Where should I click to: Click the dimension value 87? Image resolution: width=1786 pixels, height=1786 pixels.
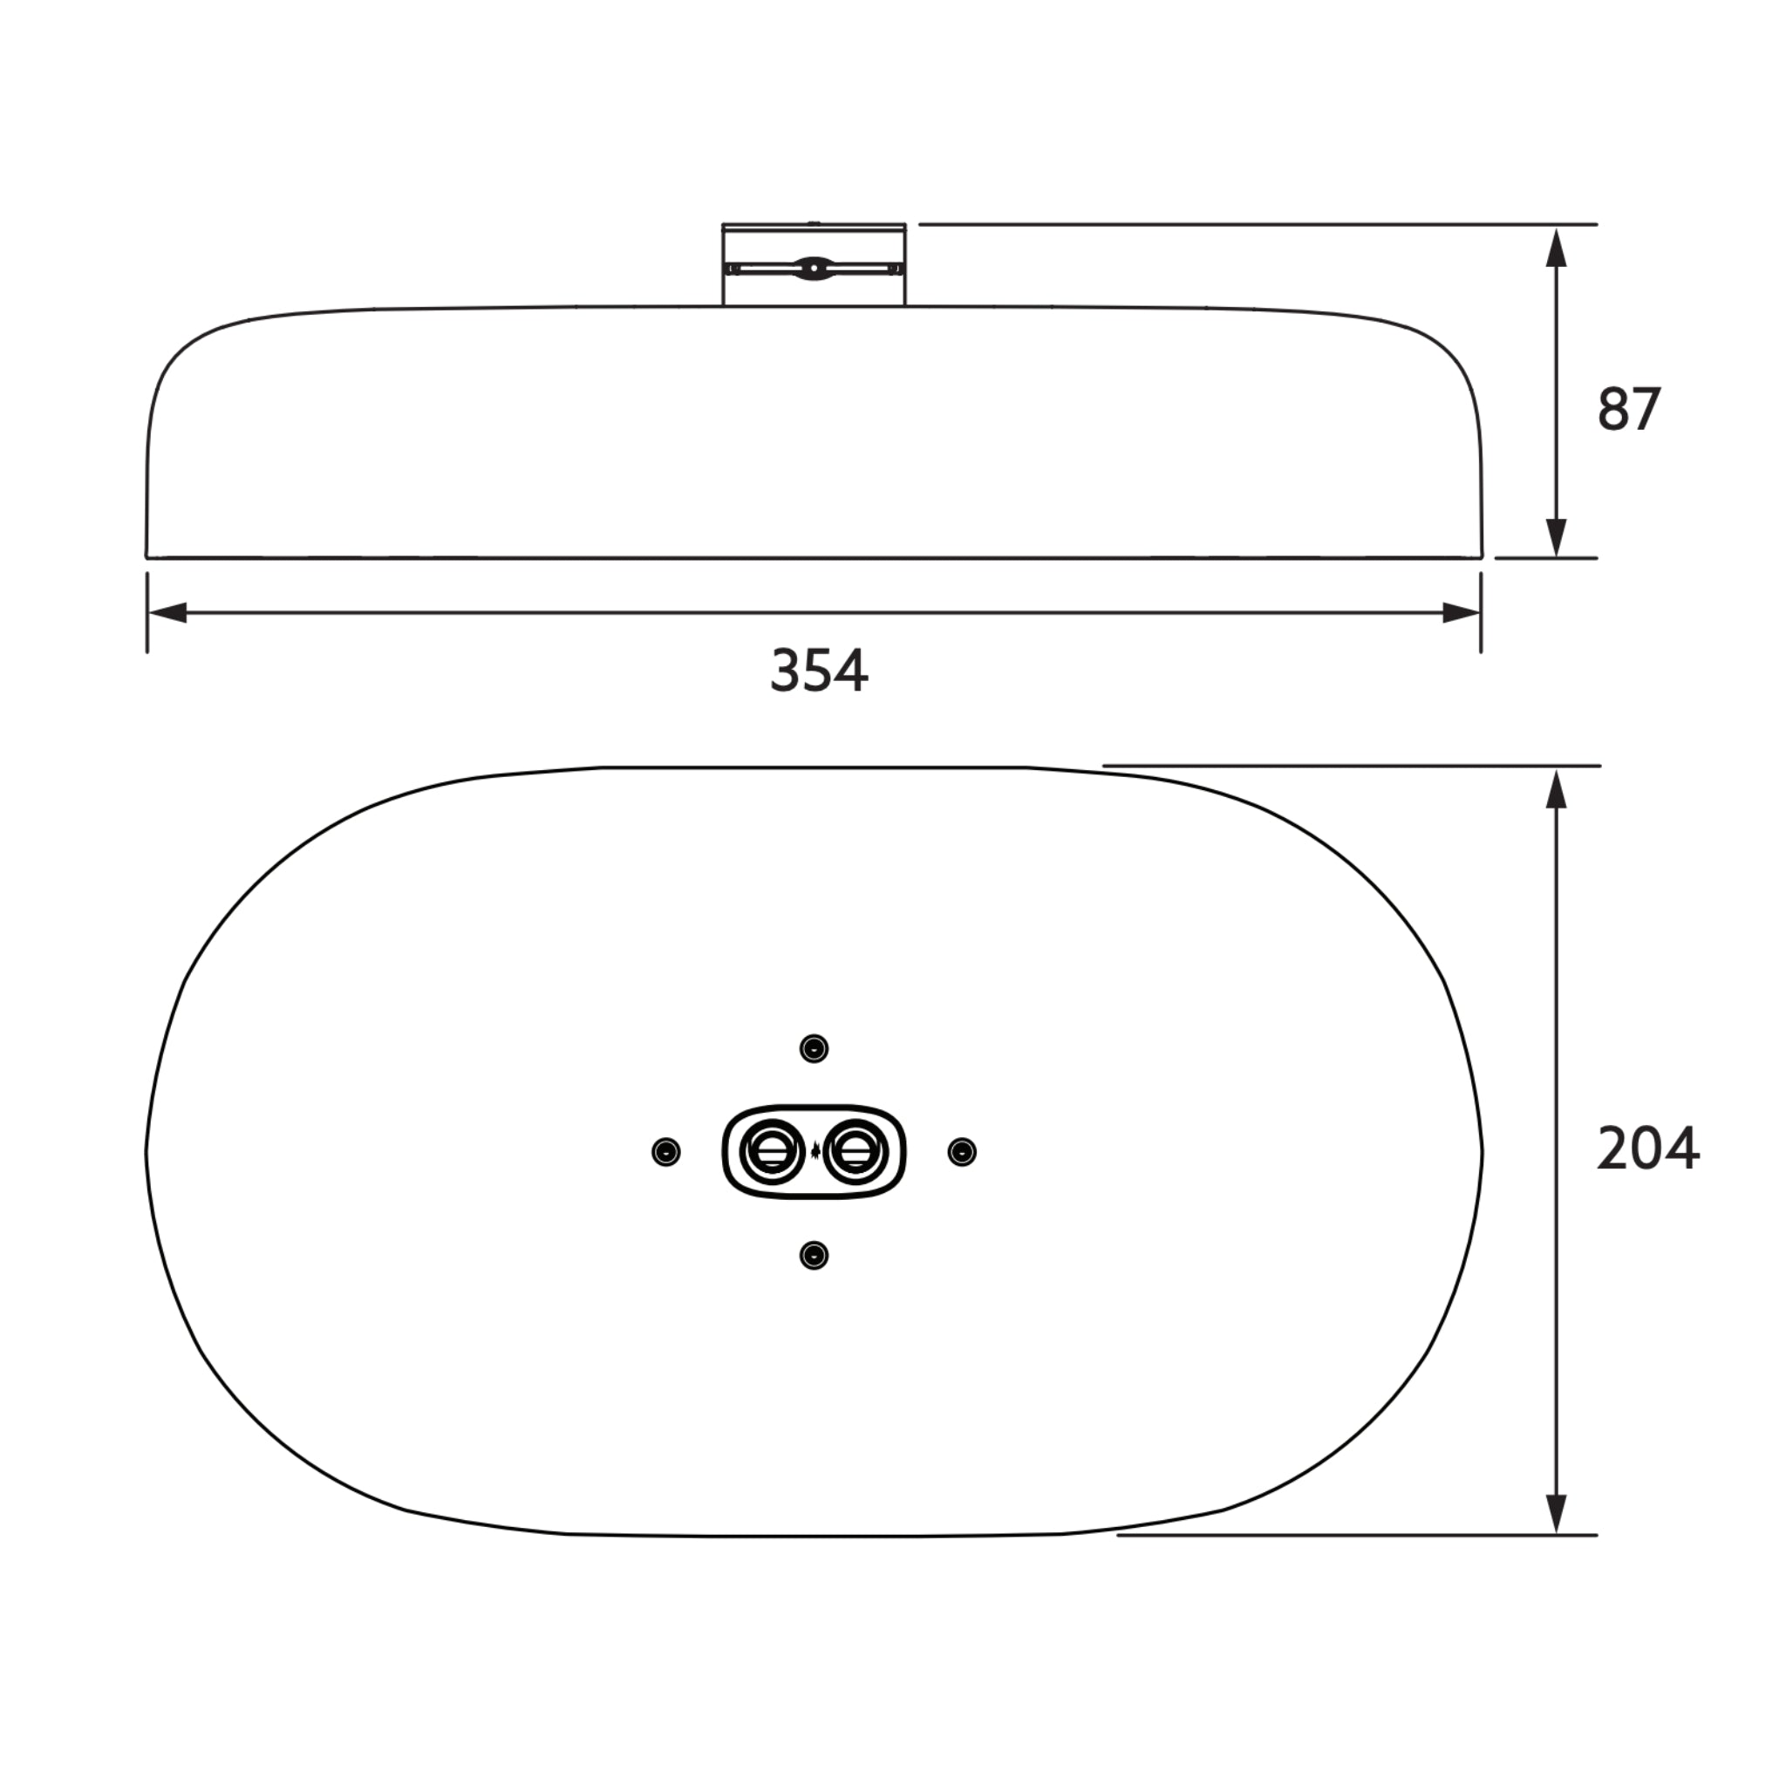(x=1629, y=410)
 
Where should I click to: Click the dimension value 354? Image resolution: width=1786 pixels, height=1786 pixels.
(x=819, y=672)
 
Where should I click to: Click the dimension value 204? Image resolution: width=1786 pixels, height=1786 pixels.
(x=1647, y=1150)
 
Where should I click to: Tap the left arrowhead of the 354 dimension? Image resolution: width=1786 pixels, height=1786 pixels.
(x=168, y=613)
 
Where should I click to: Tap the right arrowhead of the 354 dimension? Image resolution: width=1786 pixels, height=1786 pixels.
(x=1461, y=613)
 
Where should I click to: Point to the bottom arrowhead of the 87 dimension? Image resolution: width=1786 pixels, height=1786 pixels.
(x=1557, y=537)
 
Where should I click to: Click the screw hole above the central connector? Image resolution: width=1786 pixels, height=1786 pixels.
(x=814, y=1048)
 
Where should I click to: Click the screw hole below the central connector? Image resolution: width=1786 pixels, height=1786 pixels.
(x=814, y=1256)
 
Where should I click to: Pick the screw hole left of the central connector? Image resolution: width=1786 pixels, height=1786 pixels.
(x=665, y=1152)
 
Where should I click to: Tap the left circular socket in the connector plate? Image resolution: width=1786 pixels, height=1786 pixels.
(x=771, y=1152)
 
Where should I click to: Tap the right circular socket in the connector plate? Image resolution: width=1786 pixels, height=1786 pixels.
(x=856, y=1152)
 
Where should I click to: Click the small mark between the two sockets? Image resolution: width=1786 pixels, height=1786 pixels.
(x=815, y=1152)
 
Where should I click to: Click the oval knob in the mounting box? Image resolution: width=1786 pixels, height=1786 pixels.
(x=813, y=268)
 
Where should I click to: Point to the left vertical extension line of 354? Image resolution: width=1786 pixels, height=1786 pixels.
(x=147, y=613)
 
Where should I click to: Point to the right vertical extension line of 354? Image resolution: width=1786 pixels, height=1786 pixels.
(x=1481, y=613)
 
